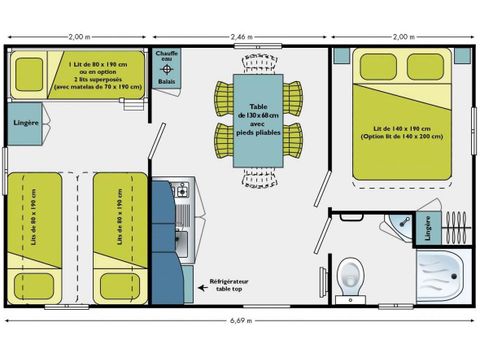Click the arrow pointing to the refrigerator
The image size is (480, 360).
pyautogui.click(x=204, y=287)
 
